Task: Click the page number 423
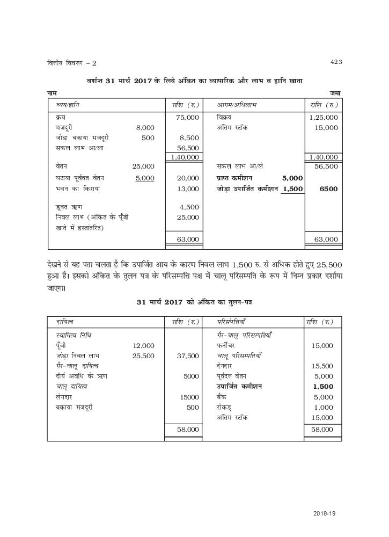[x=336, y=62]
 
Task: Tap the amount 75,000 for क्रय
[x=187, y=117]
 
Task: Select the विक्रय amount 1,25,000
[x=324, y=117]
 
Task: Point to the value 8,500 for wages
[x=189, y=138]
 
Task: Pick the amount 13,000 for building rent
[x=187, y=189]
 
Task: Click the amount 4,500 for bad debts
[x=189, y=207]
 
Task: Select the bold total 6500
[x=328, y=189]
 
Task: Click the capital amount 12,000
[x=143, y=346]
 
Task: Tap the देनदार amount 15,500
[x=322, y=366]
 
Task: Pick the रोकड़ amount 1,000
[x=324, y=407]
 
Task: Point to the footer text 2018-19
[x=324, y=514]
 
